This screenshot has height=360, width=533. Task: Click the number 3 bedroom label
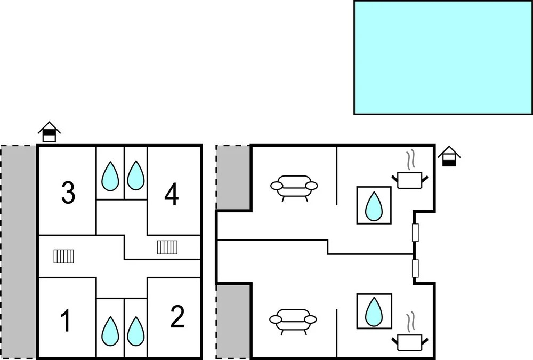(x=68, y=193)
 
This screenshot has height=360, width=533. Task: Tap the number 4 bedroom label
(x=172, y=195)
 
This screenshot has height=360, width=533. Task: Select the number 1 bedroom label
(x=66, y=320)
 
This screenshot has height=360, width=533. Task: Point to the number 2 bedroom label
(x=177, y=317)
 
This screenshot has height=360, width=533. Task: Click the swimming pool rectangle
(x=443, y=57)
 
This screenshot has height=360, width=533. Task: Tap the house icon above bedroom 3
(x=49, y=132)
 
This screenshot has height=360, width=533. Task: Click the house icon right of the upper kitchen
(x=449, y=156)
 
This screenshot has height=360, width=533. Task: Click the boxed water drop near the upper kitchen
(x=374, y=205)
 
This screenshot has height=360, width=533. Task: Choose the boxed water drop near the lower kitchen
(x=374, y=311)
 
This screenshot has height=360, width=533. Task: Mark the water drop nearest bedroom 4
(x=135, y=175)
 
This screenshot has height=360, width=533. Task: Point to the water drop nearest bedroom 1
(x=110, y=331)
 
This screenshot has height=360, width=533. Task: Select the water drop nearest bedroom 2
(x=135, y=331)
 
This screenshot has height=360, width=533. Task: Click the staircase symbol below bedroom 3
(x=63, y=256)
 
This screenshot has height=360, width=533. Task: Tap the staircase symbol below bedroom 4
(x=167, y=247)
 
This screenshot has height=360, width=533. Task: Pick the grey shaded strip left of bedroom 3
(x=18, y=252)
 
